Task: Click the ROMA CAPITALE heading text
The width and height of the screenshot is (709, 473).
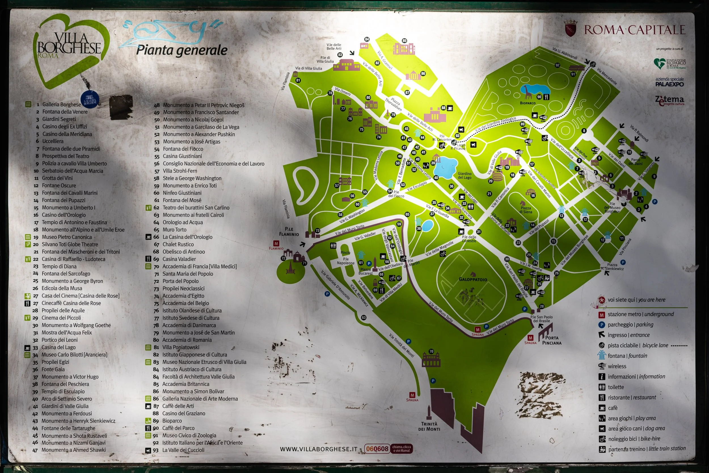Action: pos(634,30)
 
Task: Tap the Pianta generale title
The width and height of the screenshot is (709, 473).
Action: pos(182,50)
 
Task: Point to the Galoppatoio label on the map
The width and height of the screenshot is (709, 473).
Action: pos(473,279)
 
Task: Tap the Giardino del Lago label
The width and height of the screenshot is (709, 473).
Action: pos(465,175)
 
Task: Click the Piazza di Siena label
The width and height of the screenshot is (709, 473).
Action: pos(526,210)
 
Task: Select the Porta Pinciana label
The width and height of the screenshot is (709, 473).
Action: pos(552,340)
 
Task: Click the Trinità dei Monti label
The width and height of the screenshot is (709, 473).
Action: pos(429,426)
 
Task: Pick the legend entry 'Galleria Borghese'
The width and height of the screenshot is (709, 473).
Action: pos(62,104)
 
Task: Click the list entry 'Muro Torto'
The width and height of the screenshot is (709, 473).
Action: pos(174,230)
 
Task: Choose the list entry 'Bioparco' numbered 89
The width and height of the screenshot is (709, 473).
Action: pos(172,421)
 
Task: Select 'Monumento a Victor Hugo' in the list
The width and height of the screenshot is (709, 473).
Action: pos(70,377)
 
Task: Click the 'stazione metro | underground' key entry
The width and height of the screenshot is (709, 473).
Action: pos(640,314)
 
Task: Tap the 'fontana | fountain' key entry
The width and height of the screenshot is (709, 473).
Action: pos(627,356)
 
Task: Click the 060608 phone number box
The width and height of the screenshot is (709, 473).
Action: pos(377,449)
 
